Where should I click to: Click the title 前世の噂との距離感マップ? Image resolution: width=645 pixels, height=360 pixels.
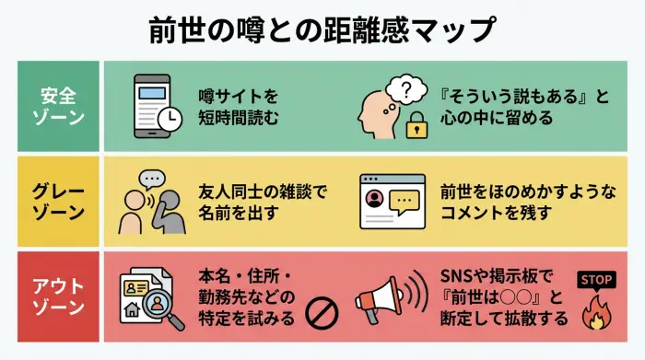322,29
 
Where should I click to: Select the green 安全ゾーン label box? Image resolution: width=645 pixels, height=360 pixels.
58,107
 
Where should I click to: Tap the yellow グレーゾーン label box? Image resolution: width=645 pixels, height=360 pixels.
58,201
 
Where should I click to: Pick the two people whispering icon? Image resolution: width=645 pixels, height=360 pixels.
147,203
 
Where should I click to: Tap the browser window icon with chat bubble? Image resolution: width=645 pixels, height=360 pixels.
391,201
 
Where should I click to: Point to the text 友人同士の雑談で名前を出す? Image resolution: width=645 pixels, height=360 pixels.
262,201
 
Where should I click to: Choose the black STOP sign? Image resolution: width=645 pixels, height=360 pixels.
594,280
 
